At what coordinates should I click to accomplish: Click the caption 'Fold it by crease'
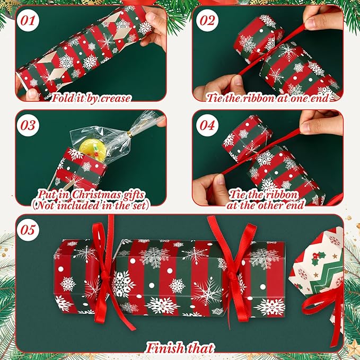pos(91,98)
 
